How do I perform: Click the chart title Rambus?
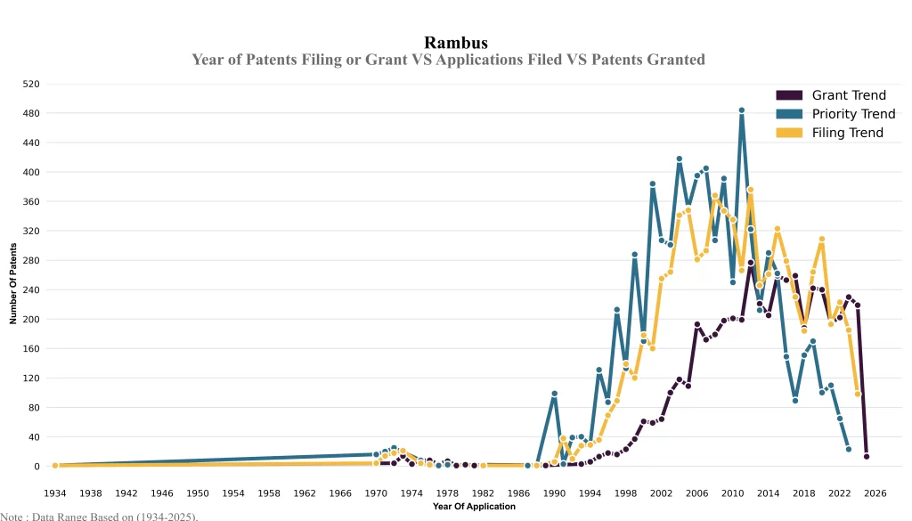tap(455, 43)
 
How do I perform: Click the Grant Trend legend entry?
tap(848, 95)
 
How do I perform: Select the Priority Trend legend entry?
tap(852, 114)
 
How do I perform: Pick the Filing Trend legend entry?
tap(847, 133)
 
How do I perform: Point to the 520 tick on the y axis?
tap(31, 84)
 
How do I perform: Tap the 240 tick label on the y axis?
tap(31, 289)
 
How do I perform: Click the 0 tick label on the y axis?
tap(37, 467)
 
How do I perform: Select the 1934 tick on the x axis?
tap(55, 493)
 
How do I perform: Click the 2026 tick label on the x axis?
tap(875, 493)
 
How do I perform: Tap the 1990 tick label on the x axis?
tap(554, 493)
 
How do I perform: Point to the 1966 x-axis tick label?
tap(340, 493)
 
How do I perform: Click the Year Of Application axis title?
tap(474, 507)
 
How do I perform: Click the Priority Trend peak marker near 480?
tap(741, 110)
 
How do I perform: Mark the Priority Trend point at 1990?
tap(554, 394)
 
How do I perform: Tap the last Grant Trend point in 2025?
tap(866, 457)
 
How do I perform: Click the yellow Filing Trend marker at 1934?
tap(55, 465)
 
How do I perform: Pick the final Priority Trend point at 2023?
tap(848, 450)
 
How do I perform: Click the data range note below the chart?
tap(99, 516)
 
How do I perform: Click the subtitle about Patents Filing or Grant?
tap(448, 60)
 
